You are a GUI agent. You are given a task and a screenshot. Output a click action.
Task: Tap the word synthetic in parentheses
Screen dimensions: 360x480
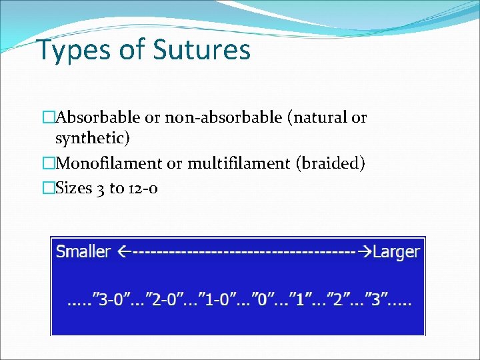(x=91, y=139)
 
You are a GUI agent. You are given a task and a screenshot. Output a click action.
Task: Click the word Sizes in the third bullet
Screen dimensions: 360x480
(x=75, y=188)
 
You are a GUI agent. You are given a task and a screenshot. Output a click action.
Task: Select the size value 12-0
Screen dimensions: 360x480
(x=143, y=189)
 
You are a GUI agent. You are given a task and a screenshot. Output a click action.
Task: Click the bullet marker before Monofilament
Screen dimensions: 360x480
(x=47, y=163)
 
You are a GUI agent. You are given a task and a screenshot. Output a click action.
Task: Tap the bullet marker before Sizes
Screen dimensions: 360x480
(x=47, y=188)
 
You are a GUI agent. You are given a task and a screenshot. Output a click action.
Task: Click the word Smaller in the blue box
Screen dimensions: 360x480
(x=83, y=252)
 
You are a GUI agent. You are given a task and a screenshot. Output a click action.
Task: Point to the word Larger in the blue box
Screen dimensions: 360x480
(x=397, y=252)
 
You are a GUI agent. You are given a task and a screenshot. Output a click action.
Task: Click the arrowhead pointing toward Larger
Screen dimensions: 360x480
(x=365, y=252)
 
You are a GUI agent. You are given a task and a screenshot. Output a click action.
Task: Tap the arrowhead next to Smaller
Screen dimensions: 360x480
(x=123, y=252)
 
